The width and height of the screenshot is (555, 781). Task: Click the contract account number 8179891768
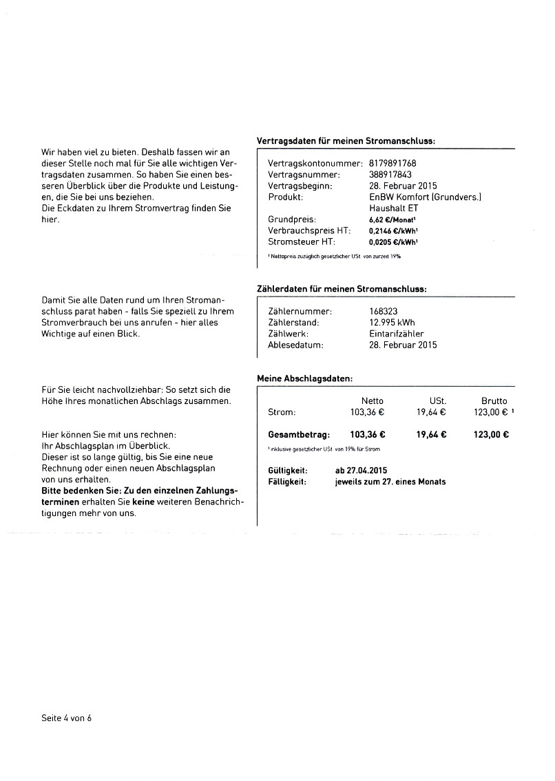pyautogui.click(x=392, y=164)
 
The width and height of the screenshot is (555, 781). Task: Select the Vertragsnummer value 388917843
pyautogui.click(x=390, y=175)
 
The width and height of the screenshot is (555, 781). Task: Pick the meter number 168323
pyautogui.click(x=384, y=311)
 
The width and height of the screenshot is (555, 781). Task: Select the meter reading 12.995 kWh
pyautogui.click(x=392, y=322)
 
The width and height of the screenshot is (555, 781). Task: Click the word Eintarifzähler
pyautogui.click(x=397, y=334)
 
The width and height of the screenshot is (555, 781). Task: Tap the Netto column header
pyautogui.click(x=373, y=400)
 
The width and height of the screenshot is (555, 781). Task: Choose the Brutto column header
pyautogui.click(x=494, y=400)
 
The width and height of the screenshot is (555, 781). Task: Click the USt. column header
pyautogui.click(x=437, y=400)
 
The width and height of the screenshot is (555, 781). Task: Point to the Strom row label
pyautogui.click(x=281, y=412)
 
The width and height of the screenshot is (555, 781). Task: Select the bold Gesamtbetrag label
pyautogui.click(x=299, y=434)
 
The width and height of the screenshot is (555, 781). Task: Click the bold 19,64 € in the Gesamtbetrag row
pyautogui.click(x=432, y=434)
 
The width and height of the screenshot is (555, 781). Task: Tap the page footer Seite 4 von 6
pyautogui.click(x=66, y=718)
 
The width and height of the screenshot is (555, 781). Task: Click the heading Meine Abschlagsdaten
pyautogui.click(x=304, y=378)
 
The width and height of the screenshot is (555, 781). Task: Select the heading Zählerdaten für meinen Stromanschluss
pyautogui.click(x=341, y=289)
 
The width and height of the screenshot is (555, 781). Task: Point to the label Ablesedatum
pyautogui.click(x=295, y=345)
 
